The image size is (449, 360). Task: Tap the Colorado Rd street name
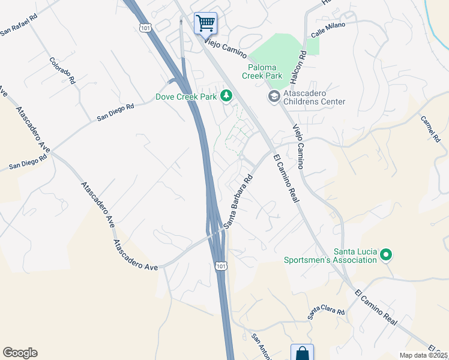62,70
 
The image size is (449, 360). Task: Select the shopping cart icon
205,23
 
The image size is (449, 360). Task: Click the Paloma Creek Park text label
262,72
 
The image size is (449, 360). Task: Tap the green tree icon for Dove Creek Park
226,95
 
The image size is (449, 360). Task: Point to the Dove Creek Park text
185,96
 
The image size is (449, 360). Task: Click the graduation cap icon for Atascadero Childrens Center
274,96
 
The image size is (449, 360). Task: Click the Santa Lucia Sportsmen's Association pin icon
386,256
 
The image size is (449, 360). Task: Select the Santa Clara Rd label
327,312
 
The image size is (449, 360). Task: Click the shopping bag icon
302,352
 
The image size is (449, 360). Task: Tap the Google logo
20,353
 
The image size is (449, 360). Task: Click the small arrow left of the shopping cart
181,22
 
